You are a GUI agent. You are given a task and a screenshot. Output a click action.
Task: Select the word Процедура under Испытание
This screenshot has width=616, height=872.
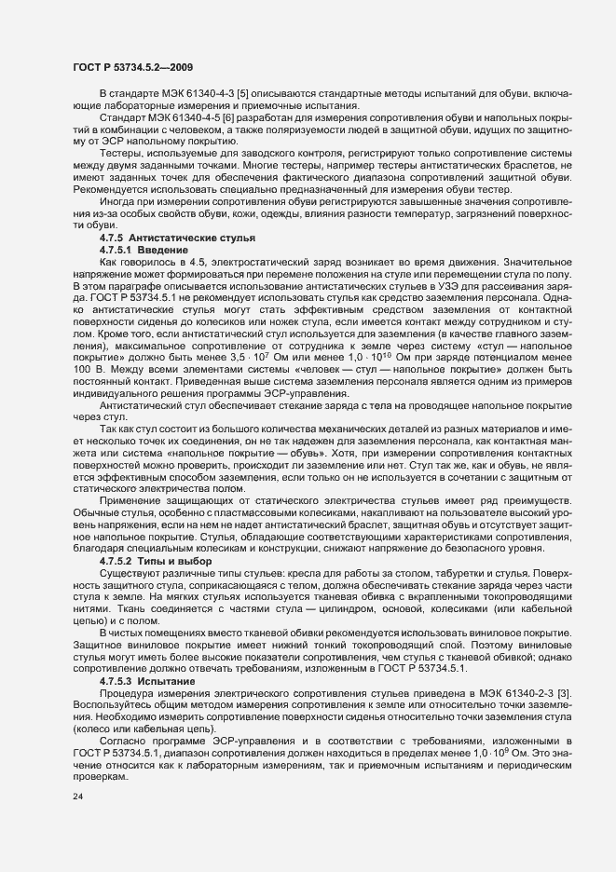coord(126,694)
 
